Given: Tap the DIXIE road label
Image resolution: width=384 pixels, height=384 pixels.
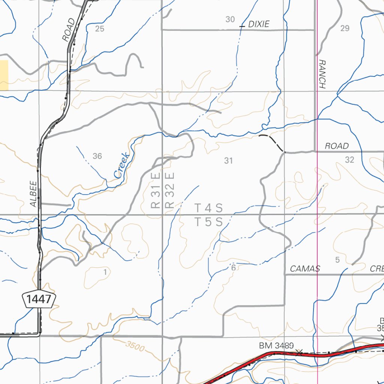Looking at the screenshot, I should coord(259,24).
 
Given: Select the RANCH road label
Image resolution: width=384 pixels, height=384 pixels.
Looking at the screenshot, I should coord(322,74).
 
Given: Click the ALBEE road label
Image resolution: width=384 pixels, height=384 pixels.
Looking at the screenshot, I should coord(33,193).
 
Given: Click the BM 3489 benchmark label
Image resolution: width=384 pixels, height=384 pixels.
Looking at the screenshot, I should coord(276,345).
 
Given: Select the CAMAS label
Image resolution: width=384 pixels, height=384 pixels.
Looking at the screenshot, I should coord(305,268).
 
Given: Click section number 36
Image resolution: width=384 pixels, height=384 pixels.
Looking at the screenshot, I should coord(97,156).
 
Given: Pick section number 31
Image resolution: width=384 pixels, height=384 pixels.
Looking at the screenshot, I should coord(228,161).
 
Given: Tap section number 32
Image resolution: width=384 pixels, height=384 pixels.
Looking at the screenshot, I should coord(349,160).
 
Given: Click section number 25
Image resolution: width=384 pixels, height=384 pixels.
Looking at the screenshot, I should coord(100,29).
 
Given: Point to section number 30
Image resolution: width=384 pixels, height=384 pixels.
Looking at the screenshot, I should coord(230,19).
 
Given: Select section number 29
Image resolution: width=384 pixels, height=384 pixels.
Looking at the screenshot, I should coord(345,28).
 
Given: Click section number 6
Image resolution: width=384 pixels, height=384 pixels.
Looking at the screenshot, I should coord(233,268).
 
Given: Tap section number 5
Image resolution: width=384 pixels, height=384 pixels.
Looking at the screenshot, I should coord(337,260).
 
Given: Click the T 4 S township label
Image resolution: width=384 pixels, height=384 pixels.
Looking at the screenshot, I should coord(209,208).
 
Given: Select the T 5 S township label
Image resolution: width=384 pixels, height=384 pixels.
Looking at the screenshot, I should coord(209,222).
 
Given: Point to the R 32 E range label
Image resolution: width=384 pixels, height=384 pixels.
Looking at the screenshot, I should coord(170,190).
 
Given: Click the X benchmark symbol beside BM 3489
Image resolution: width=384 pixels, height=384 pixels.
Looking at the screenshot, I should coord(299,352).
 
